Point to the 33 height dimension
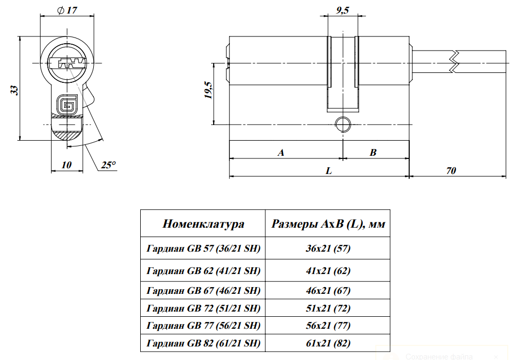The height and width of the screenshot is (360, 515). [15, 90]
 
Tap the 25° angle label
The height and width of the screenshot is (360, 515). [108, 165]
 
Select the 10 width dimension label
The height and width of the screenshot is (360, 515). [66, 165]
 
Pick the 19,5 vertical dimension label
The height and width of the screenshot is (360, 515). [208, 90]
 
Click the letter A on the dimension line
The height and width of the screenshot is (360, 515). [281, 153]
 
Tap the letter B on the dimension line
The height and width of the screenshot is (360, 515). [373, 153]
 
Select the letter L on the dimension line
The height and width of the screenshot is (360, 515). [329, 170]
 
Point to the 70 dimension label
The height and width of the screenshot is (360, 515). [451, 170]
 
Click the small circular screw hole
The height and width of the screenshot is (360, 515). [342, 124]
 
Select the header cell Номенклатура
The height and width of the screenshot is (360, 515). [203, 224]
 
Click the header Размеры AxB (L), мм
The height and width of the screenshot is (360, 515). [328, 224]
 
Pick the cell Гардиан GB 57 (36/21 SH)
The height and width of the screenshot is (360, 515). [203, 248]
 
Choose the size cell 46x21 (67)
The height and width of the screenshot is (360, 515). [328, 290]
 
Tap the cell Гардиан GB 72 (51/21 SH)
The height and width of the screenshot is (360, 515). [203, 308]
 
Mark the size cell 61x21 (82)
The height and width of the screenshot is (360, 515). [328, 343]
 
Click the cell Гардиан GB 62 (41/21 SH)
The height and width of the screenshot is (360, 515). [203, 270]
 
